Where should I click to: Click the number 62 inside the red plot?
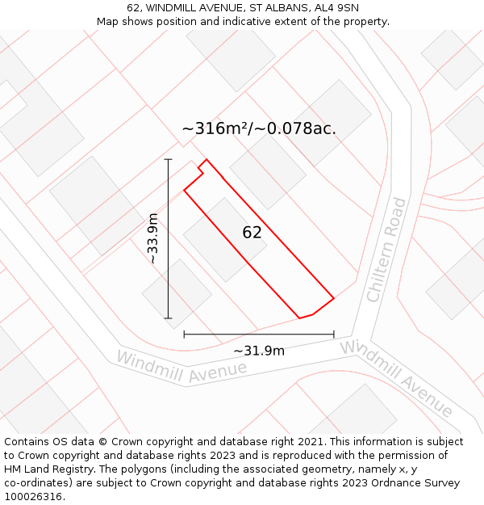pos(252,233)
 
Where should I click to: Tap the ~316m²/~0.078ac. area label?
pos(259,128)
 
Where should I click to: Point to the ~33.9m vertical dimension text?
pos(152,238)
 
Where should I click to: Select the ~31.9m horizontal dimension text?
pos(259,351)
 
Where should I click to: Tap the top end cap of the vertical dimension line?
pos(169,160)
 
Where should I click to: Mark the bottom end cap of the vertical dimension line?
pos(169,318)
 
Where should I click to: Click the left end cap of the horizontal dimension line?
pos(184,334)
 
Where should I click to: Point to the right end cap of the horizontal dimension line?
pos(334,334)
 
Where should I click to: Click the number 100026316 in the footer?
pos(33,497)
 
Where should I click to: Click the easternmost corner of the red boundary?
pos(334,297)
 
